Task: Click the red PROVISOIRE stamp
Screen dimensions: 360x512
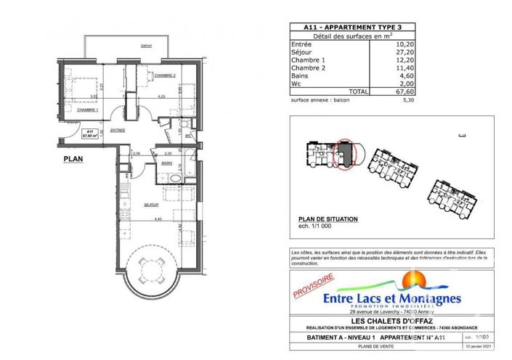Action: click(x=312, y=284)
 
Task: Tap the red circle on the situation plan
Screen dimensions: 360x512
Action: click(x=345, y=154)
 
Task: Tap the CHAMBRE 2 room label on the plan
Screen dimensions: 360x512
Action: click(x=165, y=75)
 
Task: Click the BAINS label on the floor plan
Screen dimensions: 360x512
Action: click(x=166, y=164)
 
